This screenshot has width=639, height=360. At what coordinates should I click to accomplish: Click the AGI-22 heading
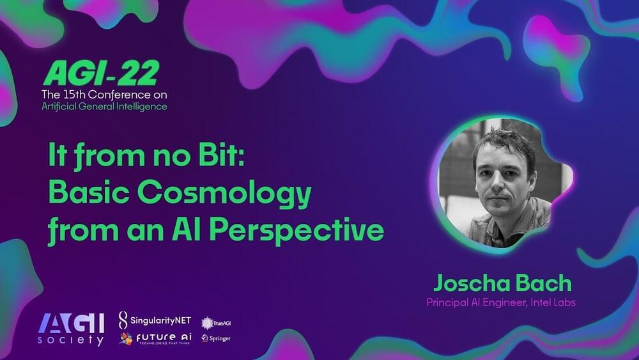(101, 74)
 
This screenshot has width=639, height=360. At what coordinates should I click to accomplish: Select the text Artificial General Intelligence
(104, 106)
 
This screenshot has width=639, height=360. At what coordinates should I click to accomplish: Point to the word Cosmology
(224, 194)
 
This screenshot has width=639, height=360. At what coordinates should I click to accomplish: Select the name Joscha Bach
(502, 283)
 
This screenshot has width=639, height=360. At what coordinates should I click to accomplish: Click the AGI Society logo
(71, 329)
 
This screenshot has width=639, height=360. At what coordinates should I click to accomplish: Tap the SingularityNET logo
(155, 320)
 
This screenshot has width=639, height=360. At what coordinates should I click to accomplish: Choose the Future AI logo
(156, 338)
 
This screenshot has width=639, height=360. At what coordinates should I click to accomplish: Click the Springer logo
(216, 338)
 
